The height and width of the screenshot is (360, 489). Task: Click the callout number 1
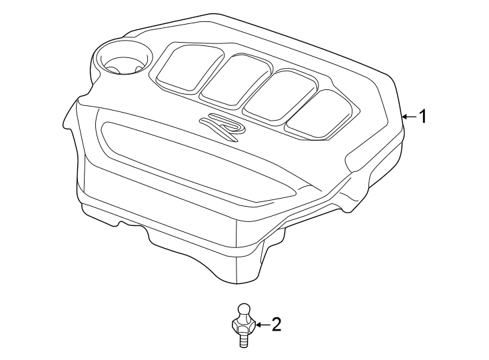pos(422,117)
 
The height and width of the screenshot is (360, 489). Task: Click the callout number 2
pos(275,325)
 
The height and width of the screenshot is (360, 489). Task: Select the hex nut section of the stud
pos(243,327)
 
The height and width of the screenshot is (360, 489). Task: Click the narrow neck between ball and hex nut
pos(243,319)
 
